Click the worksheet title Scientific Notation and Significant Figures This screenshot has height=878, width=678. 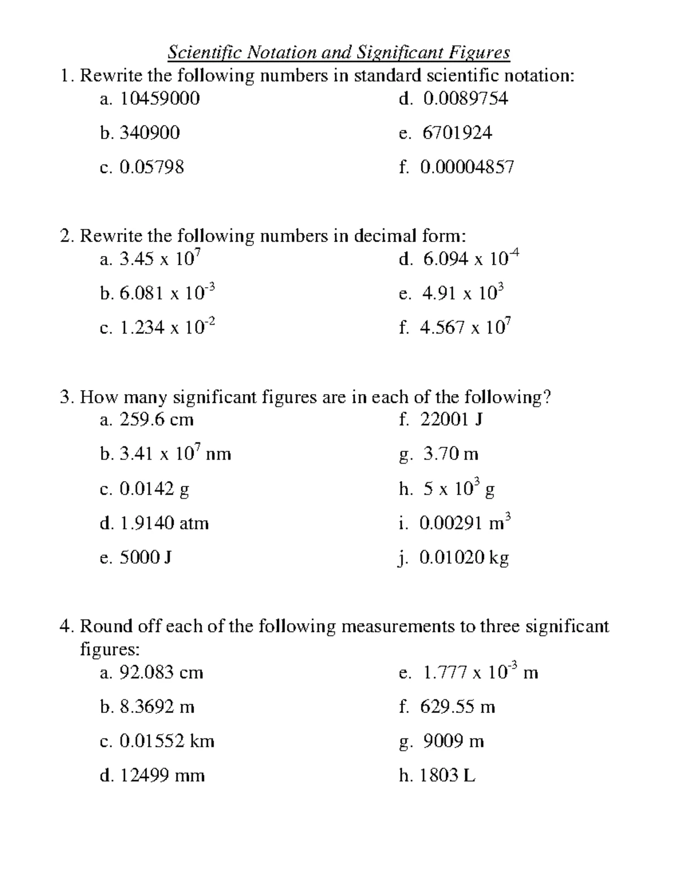coord(339,53)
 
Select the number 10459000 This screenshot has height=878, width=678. coord(159,99)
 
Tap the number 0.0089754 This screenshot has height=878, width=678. coord(465,99)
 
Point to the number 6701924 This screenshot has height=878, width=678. coord(457,133)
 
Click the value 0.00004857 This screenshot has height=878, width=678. coord(467,167)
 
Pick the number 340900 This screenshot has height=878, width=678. coord(150,133)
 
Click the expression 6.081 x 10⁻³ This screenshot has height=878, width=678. coord(167,293)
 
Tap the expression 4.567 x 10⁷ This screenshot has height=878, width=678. coord(466,328)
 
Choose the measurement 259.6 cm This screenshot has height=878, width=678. coord(157,420)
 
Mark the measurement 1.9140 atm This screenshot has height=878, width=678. coord(164,524)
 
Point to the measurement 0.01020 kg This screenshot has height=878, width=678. coord(464,558)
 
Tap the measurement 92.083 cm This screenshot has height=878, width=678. coord(161,673)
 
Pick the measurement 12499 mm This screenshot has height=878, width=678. coord(162,776)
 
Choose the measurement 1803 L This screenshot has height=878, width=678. coord(447,776)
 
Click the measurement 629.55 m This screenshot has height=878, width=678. coord(458,707)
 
